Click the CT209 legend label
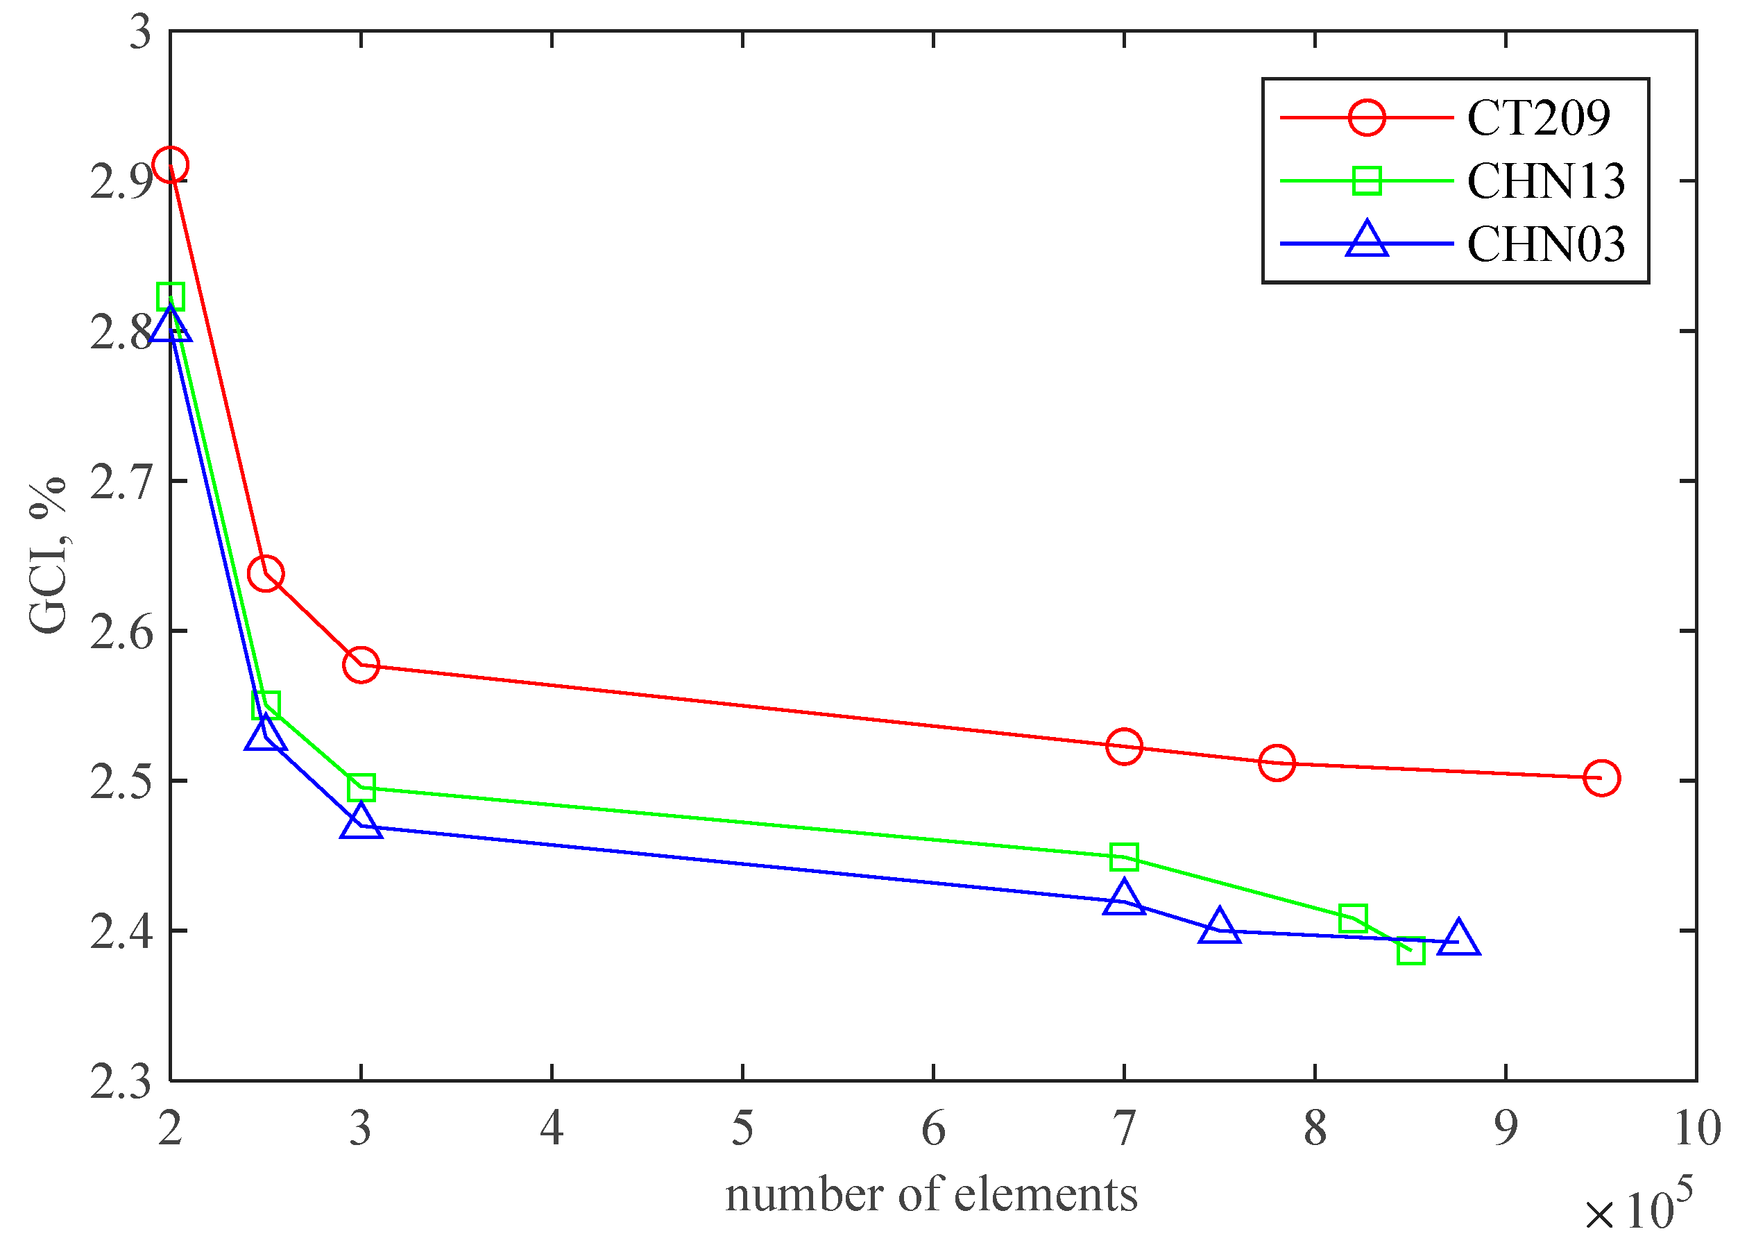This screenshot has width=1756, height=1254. (x=1537, y=118)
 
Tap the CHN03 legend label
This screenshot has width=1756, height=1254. (x=1545, y=245)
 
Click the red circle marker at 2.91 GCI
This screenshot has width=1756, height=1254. (x=170, y=165)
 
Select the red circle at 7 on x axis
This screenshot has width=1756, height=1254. (x=1124, y=746)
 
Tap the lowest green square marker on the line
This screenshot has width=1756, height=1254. (x=1410, y=951)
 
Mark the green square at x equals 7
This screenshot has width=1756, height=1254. (x=1124, y=856)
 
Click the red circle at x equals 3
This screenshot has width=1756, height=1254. (x=361, y=665)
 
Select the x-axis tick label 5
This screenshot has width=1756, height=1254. (x=742, y=1128)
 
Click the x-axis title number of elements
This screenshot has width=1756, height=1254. (x=932, y=1194)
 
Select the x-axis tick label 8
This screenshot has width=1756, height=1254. (x=1315, y=1128)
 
